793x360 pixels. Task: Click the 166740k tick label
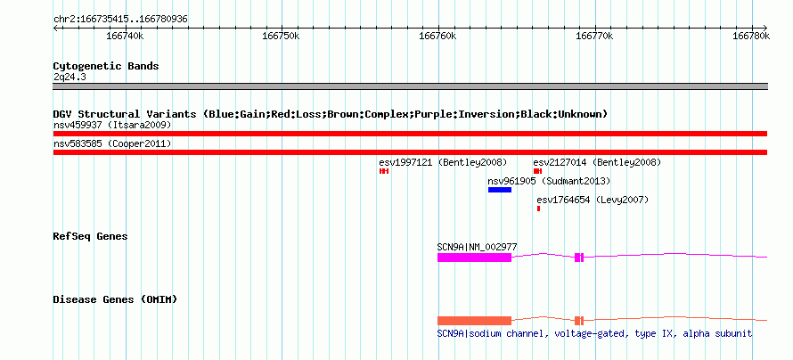[x=125, y=37]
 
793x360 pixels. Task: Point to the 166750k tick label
[x=282, y=37]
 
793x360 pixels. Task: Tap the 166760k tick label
[x=438, y=37]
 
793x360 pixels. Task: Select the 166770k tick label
[x=595, y=37]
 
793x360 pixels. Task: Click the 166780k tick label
[x=751, y=37]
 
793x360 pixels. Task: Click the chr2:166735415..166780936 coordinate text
[x=120, y=20]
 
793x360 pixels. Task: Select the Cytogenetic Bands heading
[x=106, y=66]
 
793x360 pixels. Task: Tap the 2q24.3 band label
[x=69, y=77]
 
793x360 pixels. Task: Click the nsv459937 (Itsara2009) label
[x=112, y=125]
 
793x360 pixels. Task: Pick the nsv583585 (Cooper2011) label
[x=112, y=144]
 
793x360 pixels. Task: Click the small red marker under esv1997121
[x=384, y=171]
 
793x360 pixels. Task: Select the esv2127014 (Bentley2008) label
[x=597, y=163]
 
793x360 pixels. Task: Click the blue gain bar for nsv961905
[x=500, y=190]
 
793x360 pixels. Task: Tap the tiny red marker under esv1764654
[x=538, y=209]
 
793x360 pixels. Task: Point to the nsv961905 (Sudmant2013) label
[x=549, y=181]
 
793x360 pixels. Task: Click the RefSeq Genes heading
[x=91, y=236]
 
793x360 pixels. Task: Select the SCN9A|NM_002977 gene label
[x=477, y=247]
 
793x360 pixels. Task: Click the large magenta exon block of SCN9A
[x=474, y=258]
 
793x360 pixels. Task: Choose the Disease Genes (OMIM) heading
[x=115, y=299]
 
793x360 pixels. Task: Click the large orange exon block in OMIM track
[x=474, y=321]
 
